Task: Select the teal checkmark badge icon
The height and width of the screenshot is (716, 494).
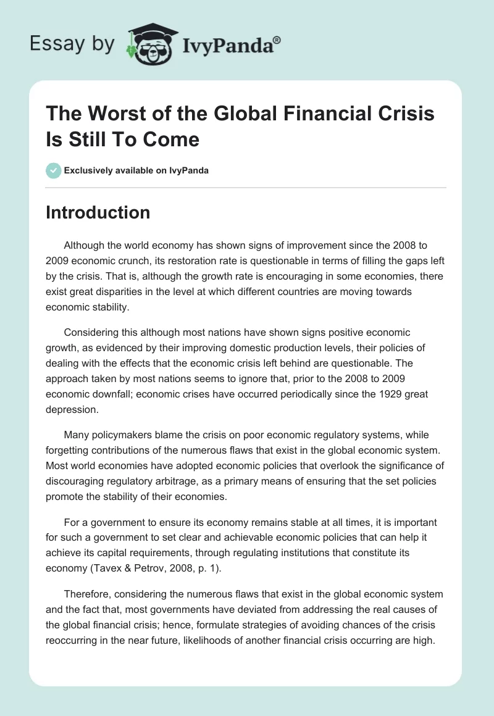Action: pyautogui.click(x=54, y=170)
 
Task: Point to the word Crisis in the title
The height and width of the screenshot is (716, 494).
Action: pyautogui.click(x=401, y=114)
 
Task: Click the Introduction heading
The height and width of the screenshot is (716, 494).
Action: pyautogui.click(x=98, y=212)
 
